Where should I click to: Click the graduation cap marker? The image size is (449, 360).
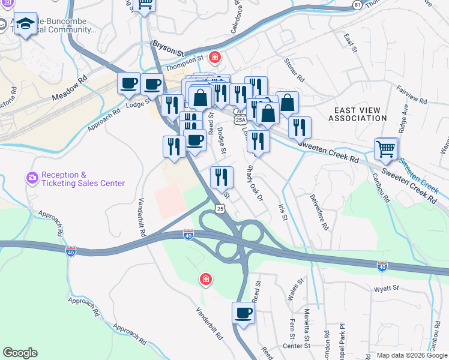coord(25,25)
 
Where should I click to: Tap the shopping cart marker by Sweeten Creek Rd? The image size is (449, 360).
coord(385,149)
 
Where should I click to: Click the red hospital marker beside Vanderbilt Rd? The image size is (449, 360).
coord(205,279)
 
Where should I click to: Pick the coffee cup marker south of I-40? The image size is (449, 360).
coord(243,313)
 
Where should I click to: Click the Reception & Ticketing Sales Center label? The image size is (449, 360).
coord(83,179)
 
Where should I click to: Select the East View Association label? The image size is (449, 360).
coord(358,114)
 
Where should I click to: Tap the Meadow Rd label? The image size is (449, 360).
coord(70,88)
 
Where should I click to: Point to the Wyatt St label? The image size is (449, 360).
coord(387,289)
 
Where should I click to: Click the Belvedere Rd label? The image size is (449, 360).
coord(320,212)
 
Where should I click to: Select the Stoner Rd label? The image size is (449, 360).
coord(295,70)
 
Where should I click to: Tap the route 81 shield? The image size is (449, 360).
coord(358,5)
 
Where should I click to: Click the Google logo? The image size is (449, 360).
coord(20,353)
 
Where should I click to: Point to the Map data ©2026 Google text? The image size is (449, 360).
coord(412,355)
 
